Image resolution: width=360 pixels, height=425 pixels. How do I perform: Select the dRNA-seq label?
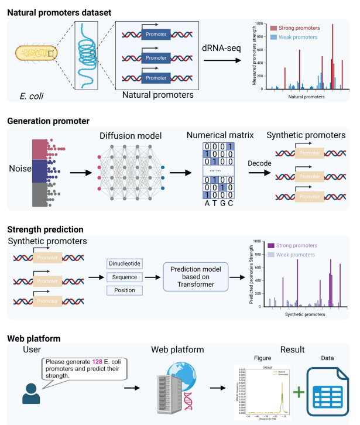[222, 50]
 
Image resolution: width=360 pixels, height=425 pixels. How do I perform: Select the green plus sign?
[300, 391]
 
